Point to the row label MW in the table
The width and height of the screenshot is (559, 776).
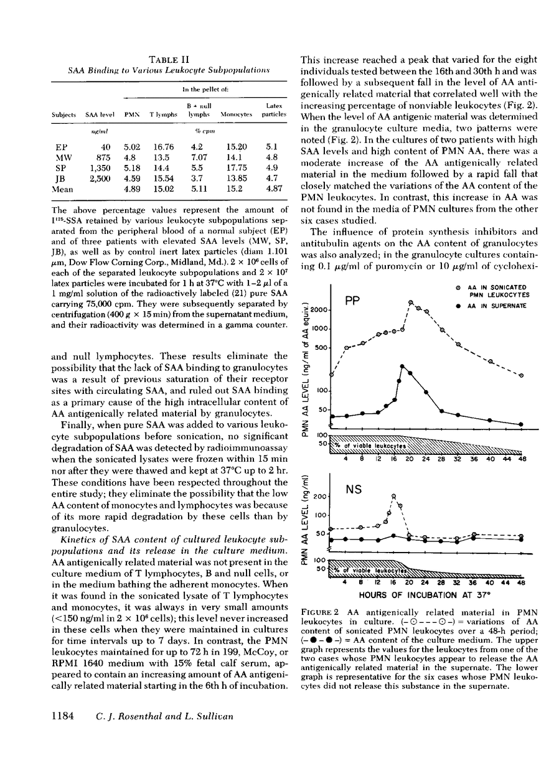click(x=60, y=159)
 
